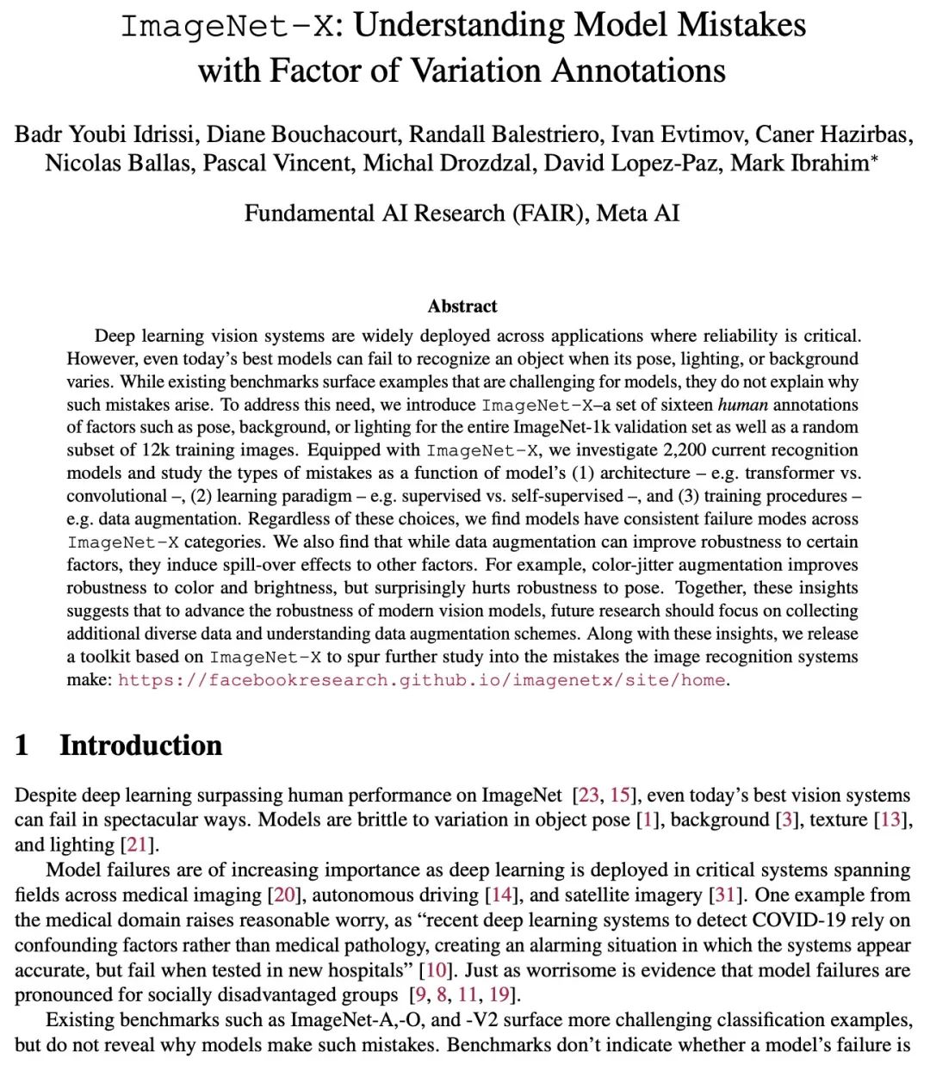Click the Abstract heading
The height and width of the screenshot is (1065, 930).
462,306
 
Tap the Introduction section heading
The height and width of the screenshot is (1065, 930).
140,746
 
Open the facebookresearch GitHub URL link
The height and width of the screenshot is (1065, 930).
423,680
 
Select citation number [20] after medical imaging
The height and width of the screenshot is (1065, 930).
284,895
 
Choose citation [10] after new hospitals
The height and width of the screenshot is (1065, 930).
437,970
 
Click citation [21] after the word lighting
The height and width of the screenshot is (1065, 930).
138,845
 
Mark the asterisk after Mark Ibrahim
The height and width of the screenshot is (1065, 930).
875,158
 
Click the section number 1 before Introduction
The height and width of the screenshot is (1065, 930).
22,746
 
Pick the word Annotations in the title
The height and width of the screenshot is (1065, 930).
638,71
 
